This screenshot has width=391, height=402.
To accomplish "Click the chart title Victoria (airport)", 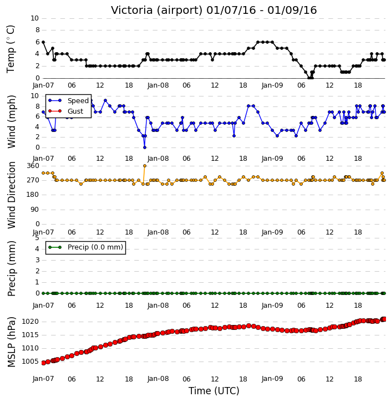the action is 157,11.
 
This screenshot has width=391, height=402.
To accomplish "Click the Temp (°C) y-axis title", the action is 11,49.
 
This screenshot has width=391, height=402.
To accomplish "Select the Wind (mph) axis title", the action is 11,121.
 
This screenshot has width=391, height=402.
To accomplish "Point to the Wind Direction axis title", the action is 11,195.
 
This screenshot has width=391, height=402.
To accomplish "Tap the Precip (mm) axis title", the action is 11,268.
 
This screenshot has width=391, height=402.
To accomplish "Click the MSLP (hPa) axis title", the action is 11,342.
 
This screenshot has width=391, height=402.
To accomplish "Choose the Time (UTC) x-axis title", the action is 214,391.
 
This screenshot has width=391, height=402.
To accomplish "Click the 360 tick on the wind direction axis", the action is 33,166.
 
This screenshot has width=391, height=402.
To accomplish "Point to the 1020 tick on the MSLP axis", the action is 31,322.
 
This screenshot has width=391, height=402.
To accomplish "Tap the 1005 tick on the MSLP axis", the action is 31,362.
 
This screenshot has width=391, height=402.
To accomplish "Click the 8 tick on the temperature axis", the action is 37,30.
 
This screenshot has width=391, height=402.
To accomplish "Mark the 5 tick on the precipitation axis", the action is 37,238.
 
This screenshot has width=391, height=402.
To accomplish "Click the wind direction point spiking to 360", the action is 145,166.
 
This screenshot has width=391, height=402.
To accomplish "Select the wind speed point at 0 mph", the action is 145,147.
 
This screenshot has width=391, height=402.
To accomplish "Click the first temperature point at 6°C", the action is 43,42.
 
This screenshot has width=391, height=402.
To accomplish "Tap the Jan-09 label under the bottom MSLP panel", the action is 272,379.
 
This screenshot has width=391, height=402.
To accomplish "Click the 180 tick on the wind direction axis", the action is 33,195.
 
